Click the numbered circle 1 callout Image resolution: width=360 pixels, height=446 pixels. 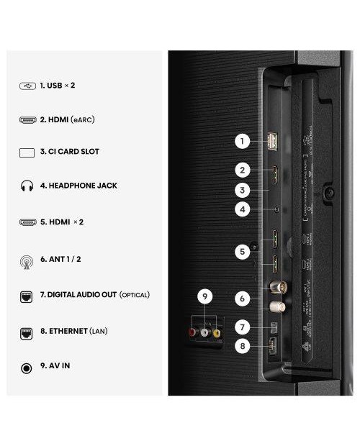tap(243, 142)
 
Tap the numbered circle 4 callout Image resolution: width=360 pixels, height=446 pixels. tap(243, 210)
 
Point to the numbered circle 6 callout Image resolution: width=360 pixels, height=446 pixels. tap(243, 297)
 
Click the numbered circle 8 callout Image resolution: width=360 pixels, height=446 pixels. tap(243, 346)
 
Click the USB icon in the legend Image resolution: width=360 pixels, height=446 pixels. tap(27, 86)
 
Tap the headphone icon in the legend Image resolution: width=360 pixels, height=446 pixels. tap(27, 186)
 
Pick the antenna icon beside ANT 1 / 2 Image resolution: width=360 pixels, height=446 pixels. tap(27, 260)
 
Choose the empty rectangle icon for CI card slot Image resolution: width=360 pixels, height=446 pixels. tap(27, 153)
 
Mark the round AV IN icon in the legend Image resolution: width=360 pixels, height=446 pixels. tap(27, 368)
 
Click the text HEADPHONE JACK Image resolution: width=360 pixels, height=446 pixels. tap(78, 186)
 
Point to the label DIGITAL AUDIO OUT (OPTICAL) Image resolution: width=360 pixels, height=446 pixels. tap(94, 295)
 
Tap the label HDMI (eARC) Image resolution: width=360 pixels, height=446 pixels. tap(67, 119)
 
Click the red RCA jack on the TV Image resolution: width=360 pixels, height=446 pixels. tap(192, 333)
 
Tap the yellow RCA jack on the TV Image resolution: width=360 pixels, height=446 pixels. tap(216, 333)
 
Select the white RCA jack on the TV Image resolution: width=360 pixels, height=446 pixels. tap(204, 333)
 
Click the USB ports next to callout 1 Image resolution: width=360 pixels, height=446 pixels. tap(272, 142)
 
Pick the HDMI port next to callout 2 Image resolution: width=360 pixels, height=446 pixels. tap(274, 173)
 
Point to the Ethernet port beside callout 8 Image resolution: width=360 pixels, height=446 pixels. tap(272, 345)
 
